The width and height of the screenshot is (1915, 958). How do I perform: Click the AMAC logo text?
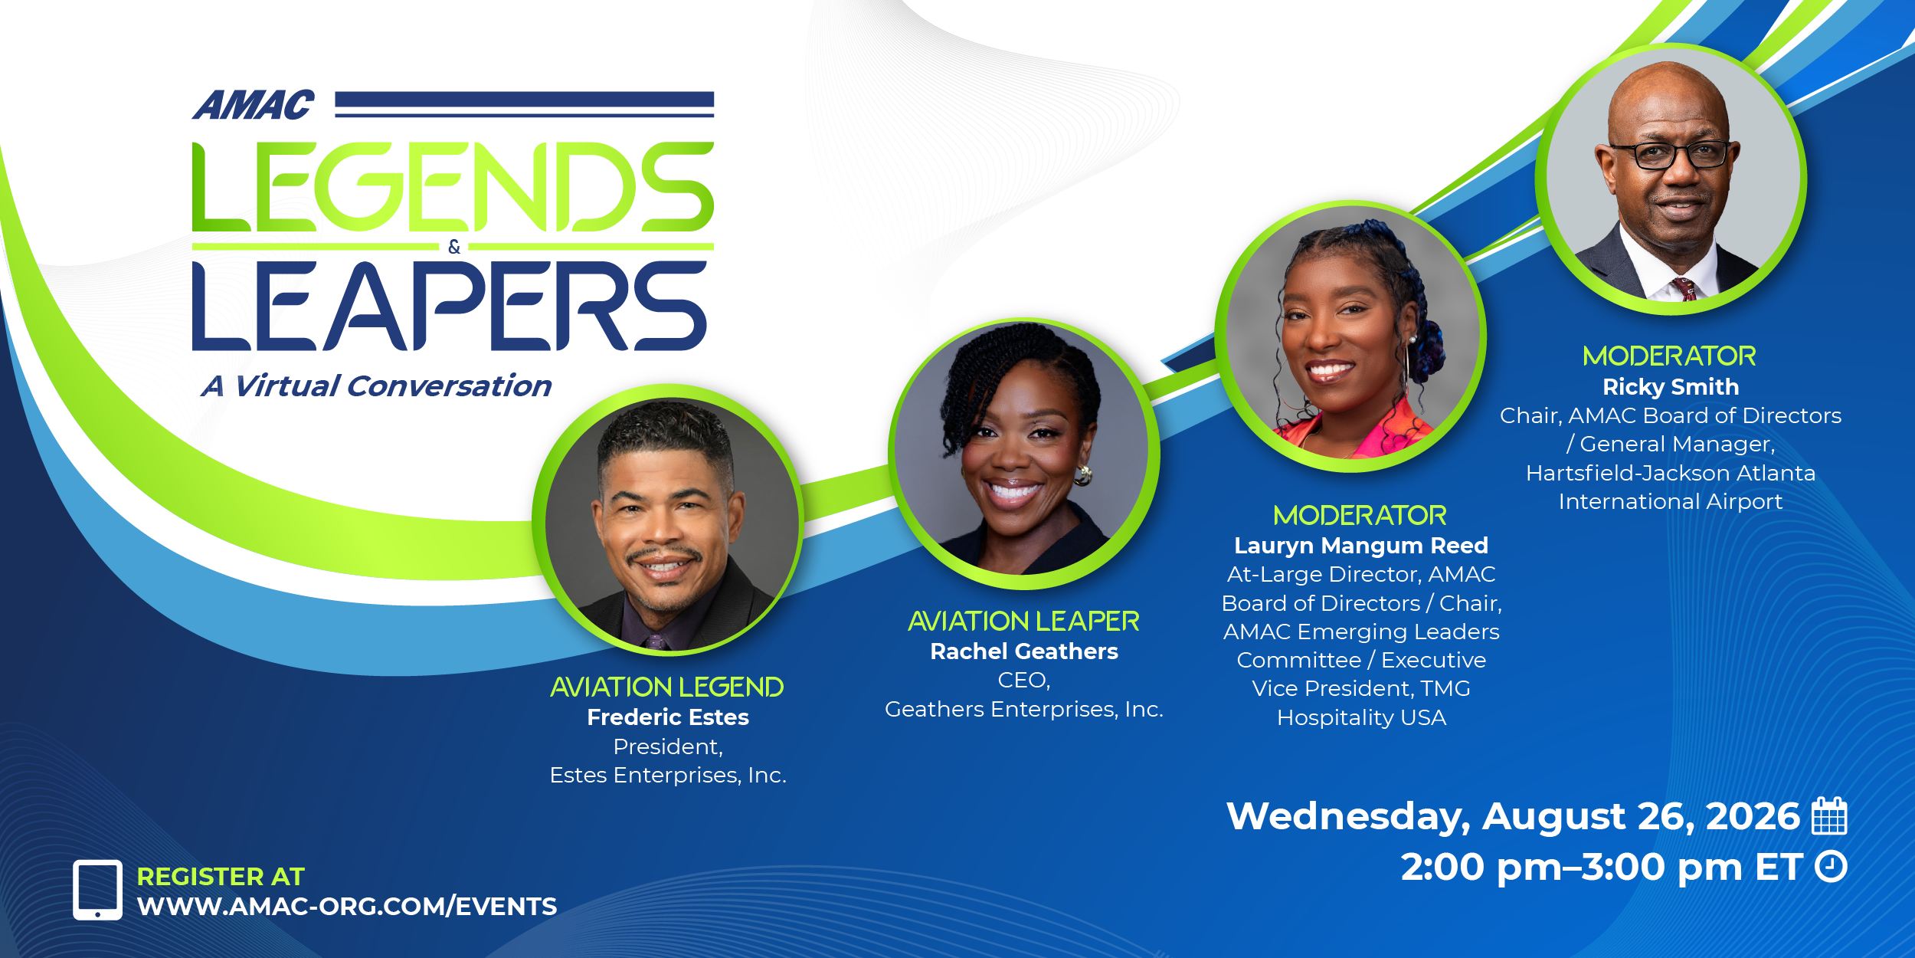click(253, 106)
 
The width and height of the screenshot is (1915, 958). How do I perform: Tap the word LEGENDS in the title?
click(453, 187)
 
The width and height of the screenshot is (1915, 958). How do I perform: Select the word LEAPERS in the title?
click(450, 306)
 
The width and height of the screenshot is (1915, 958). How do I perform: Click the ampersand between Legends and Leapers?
click(454, 247)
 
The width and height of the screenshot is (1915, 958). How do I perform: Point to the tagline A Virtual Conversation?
click(376, 386)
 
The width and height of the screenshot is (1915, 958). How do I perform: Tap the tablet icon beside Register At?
click(97, 890)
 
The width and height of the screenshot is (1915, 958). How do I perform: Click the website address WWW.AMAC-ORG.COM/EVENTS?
click(347, 907)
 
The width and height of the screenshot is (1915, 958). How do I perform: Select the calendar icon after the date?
click(1829, 815)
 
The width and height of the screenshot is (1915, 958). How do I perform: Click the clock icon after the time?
click(1831, 867)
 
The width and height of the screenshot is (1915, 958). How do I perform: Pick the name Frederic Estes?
click(668, 717)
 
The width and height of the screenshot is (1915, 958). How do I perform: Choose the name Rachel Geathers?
click(1024, 651)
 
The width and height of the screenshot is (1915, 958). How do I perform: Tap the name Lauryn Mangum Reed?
click(1361, 546)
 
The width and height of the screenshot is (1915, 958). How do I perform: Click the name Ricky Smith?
click(1671, 387)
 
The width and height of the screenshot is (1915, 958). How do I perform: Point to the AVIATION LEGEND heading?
click(667, 687)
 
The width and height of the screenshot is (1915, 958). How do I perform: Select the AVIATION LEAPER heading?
click(1024, 621)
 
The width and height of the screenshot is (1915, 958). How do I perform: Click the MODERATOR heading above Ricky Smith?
click(1670, 356)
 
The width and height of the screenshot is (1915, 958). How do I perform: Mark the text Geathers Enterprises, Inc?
click(1024, 710)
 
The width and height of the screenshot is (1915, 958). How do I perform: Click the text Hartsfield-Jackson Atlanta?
click(1671, 473)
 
